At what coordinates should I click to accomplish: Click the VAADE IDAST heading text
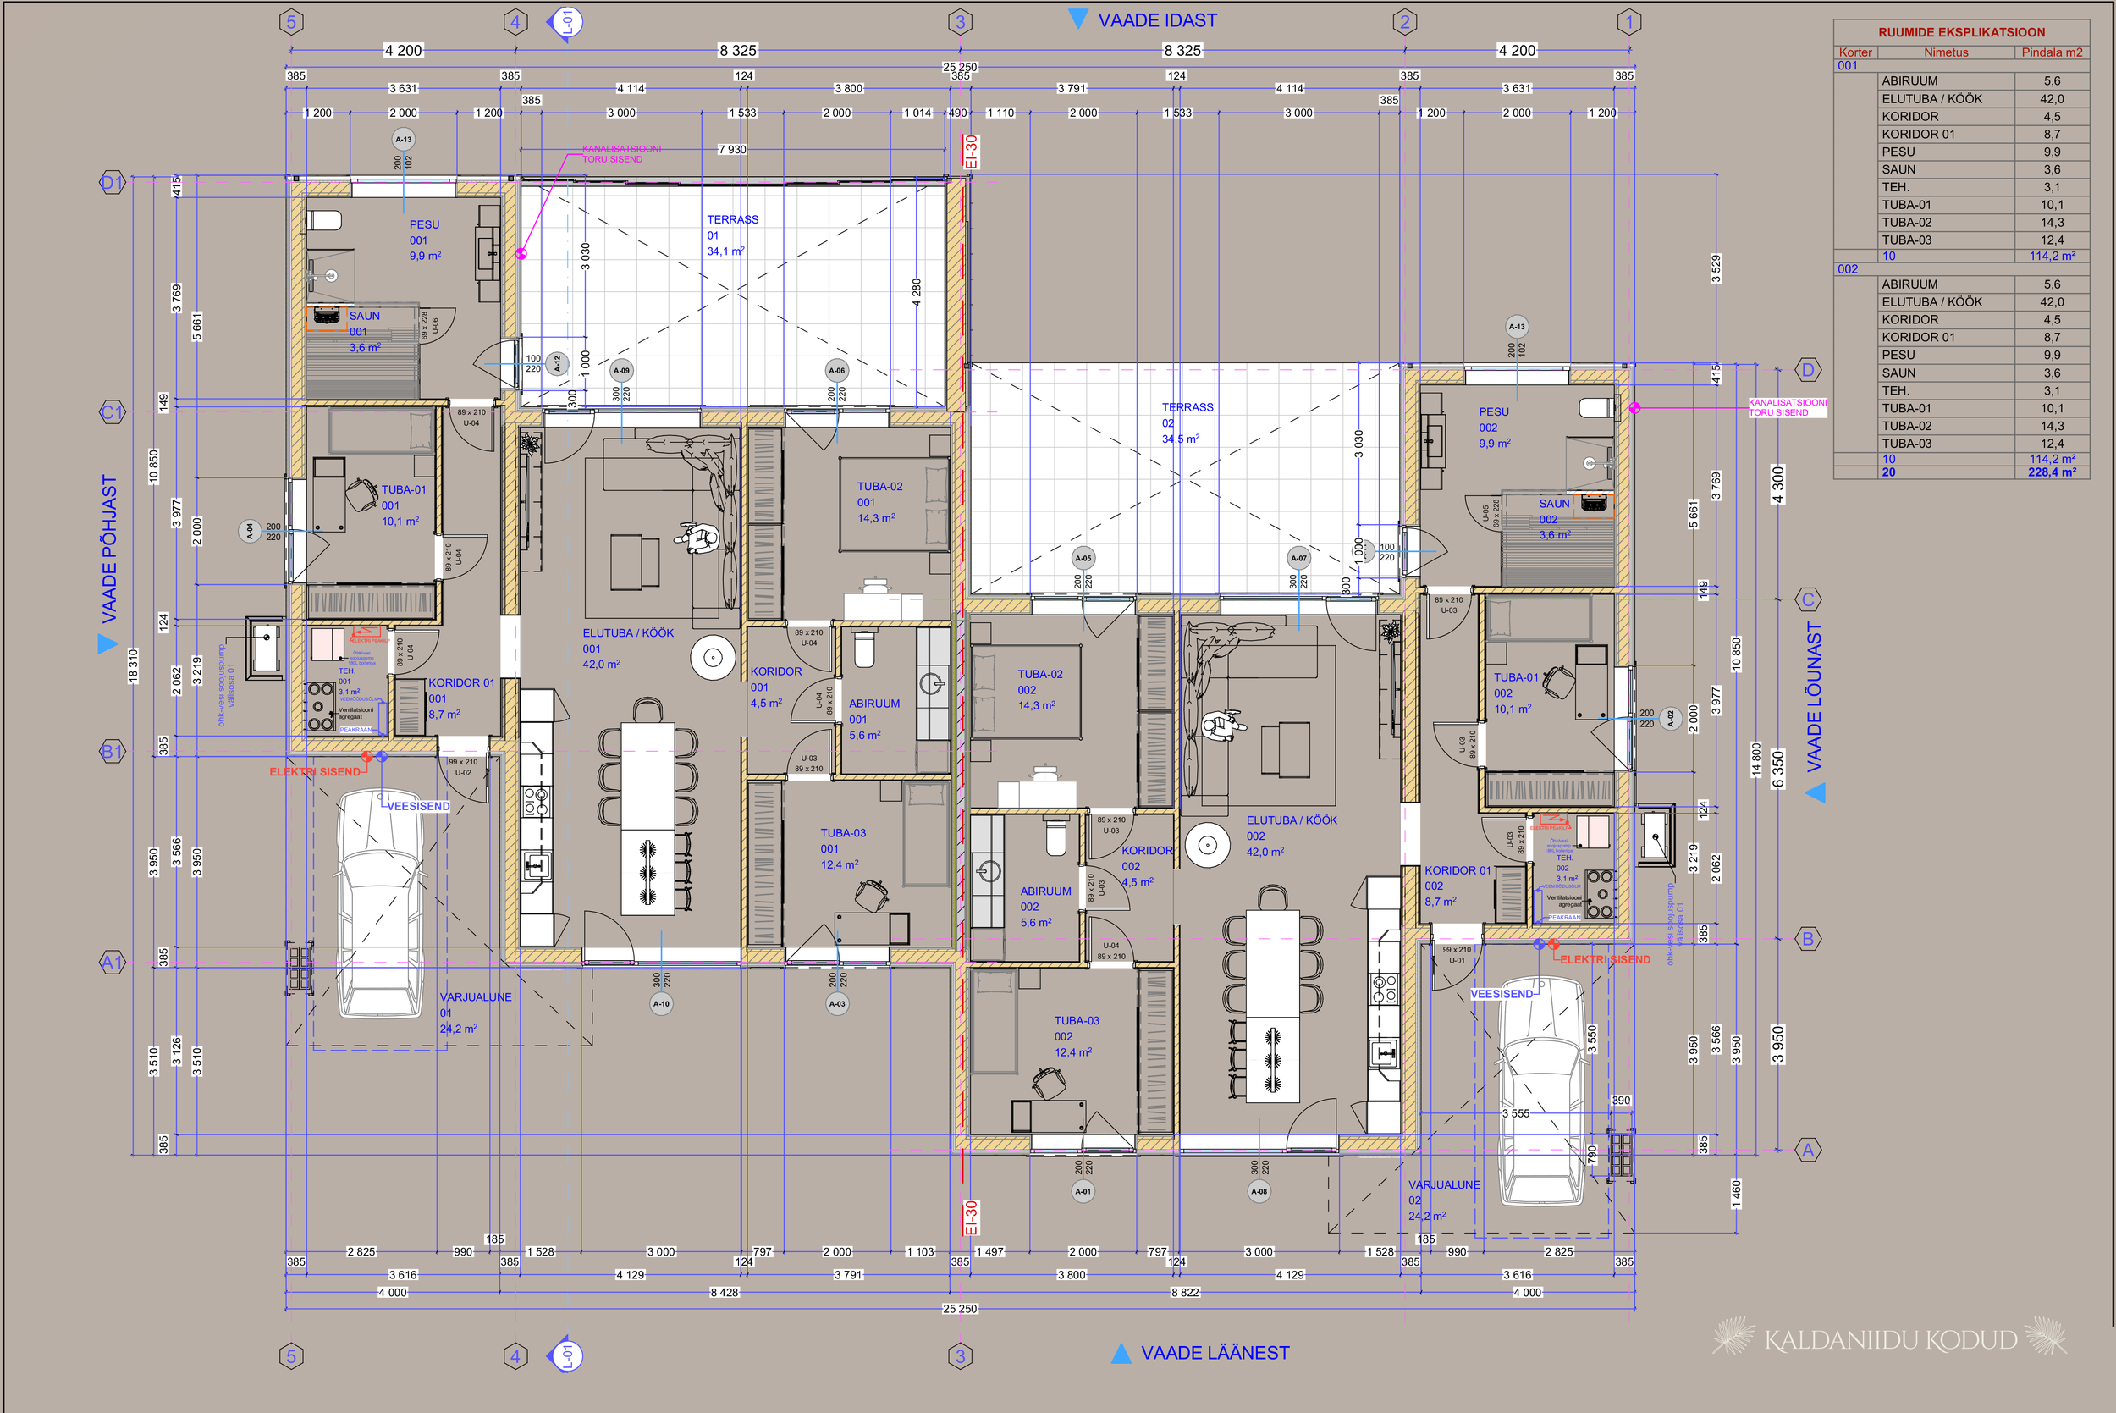click(x=1157, y=19)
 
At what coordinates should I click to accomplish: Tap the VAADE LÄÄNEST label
click(x=1215, y=1353)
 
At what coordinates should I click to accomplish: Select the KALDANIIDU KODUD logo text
click(x=1890, y=1340)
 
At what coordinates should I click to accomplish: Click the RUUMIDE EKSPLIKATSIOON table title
click(x=1961, y=31)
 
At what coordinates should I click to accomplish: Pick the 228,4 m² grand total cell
click(x=2054, y=472)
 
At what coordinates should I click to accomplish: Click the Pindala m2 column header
click(x=2051, y=52)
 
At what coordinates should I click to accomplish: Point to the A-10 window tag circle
click(x=661, y=1003)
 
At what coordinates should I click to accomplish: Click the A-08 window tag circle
click(x=1259, y=1191)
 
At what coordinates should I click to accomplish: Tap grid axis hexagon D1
click(x=111, y=184)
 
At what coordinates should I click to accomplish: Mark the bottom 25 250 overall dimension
click(x=959, y=1309)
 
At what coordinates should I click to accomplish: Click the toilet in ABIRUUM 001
click(x=864, y=648)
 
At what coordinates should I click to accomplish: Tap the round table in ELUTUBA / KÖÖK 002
click(x=1207, y=845)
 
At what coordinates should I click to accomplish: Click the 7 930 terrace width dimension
click(x=730, y=149)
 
